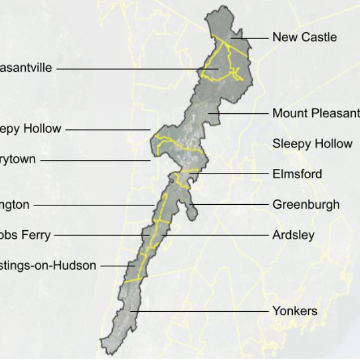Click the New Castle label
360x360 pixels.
(304, 37)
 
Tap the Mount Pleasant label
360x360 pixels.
(316, 113)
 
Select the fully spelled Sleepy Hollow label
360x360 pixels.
(312, 144)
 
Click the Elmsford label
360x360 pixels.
(297, 174)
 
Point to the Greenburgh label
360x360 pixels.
(306, 204)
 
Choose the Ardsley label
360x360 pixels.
(293, 235)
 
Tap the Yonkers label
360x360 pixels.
(294, 312)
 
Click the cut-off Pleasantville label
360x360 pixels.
(25, 68)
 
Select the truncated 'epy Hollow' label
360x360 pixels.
(30, 129)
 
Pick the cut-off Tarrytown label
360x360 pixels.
(17, 159)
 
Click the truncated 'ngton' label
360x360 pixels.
(14, 204)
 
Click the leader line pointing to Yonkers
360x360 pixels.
(201, 312)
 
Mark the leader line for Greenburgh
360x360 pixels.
(230, 204)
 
